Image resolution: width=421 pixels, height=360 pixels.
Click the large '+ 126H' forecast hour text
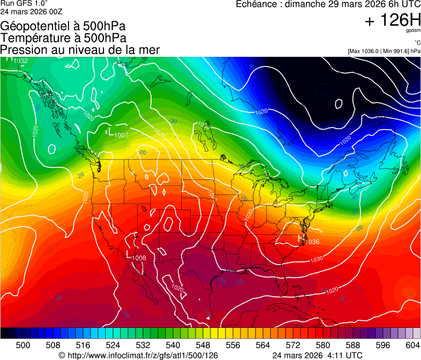click(x=392, y=21)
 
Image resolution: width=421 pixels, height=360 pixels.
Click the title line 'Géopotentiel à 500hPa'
click(x=63, y=26)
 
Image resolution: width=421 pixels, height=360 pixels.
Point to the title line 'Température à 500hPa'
click(x=63, y=38)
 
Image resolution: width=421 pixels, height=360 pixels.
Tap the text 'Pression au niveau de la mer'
click(x=80, y=50)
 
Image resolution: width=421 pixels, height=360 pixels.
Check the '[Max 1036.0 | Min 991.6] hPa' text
click(x=384, y=51)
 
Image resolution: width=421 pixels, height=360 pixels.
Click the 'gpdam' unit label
click(x=414, y=31)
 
